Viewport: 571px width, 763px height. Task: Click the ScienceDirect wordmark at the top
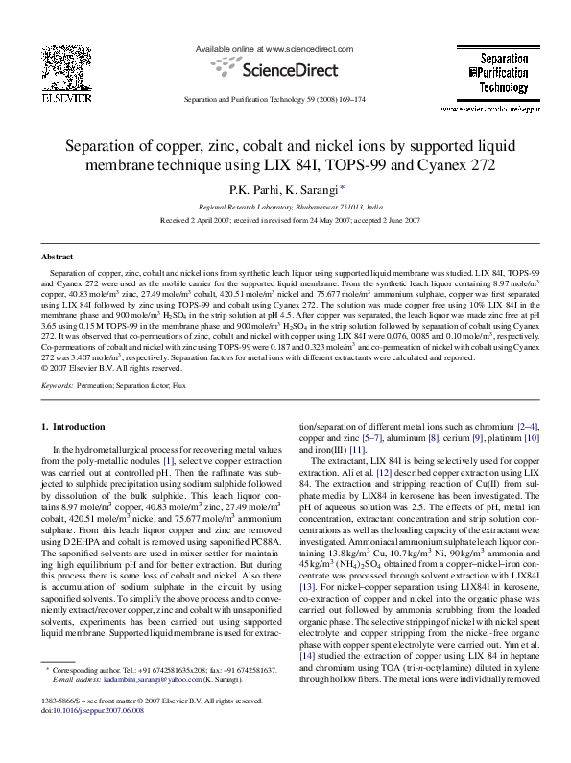(x=285, y=69)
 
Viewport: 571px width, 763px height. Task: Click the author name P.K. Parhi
(x=250, y=191)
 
